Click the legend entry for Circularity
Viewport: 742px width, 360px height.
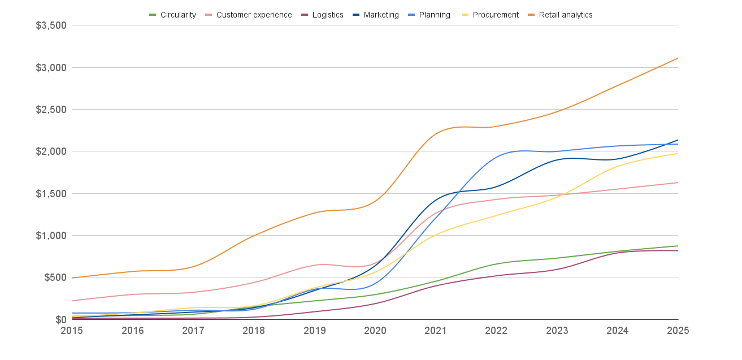click(172, 15)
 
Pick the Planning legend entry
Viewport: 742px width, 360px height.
click(430, 15)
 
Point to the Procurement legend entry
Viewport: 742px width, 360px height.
click(491, 15)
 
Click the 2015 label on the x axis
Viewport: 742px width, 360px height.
click(72, 331)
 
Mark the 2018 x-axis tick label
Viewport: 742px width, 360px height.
click(254, 331)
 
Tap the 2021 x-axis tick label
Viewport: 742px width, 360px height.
click(436, 331)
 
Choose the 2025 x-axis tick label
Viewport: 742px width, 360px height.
click(678, 331)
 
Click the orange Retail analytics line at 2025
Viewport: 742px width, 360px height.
click(678, 58)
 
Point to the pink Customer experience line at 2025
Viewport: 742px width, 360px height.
click(678, 183)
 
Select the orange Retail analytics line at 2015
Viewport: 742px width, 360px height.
click(72, 277)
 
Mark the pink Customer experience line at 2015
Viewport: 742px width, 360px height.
click(72, 301)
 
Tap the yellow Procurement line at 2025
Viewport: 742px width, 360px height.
click(678, 154)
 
